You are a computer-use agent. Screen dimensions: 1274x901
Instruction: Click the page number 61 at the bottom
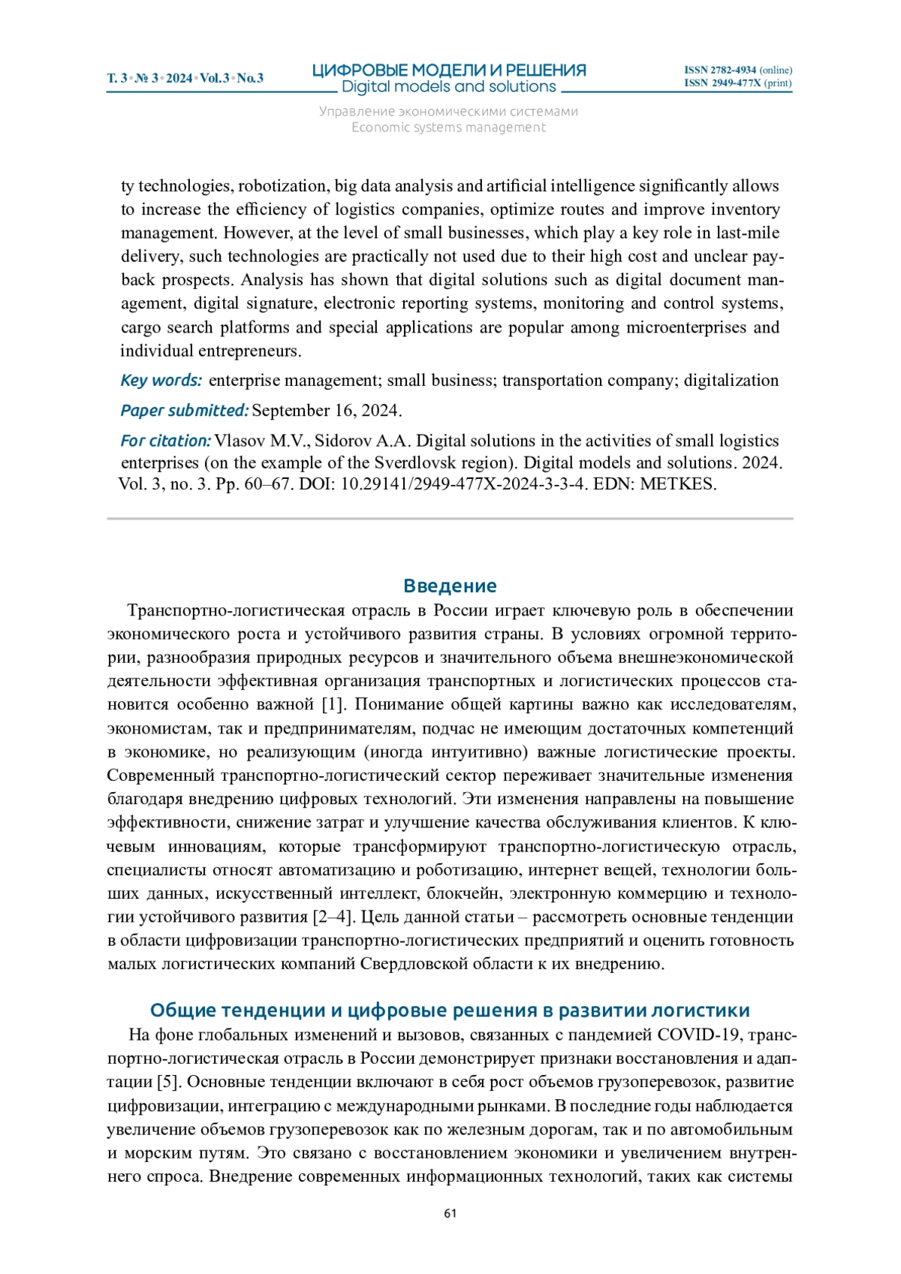tap(450, 1213)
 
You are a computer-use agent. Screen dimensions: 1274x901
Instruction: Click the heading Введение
tap(450, 586)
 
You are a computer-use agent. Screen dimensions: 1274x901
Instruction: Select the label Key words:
tap(161, 381)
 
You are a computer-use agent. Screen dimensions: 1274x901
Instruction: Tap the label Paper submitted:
tap(184, 411)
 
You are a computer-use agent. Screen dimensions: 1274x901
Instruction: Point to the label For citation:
tap(165, 441)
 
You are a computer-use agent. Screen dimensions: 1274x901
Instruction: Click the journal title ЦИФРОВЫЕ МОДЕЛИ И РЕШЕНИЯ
tap(449, 71)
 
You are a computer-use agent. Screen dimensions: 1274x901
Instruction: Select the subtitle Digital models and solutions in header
tap(449, 87)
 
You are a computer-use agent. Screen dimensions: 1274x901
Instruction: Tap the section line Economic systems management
tap(449, 128)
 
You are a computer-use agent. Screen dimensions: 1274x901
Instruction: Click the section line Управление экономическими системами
tap(449, 112)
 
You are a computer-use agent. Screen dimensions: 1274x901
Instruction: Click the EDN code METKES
tap(677, 484)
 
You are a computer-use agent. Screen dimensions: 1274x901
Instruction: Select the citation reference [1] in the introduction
tap(333, 704)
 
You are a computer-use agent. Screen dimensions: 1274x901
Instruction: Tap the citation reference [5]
tap(167, 1082)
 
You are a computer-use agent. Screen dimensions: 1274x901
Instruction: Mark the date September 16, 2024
tap(326, 411)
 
